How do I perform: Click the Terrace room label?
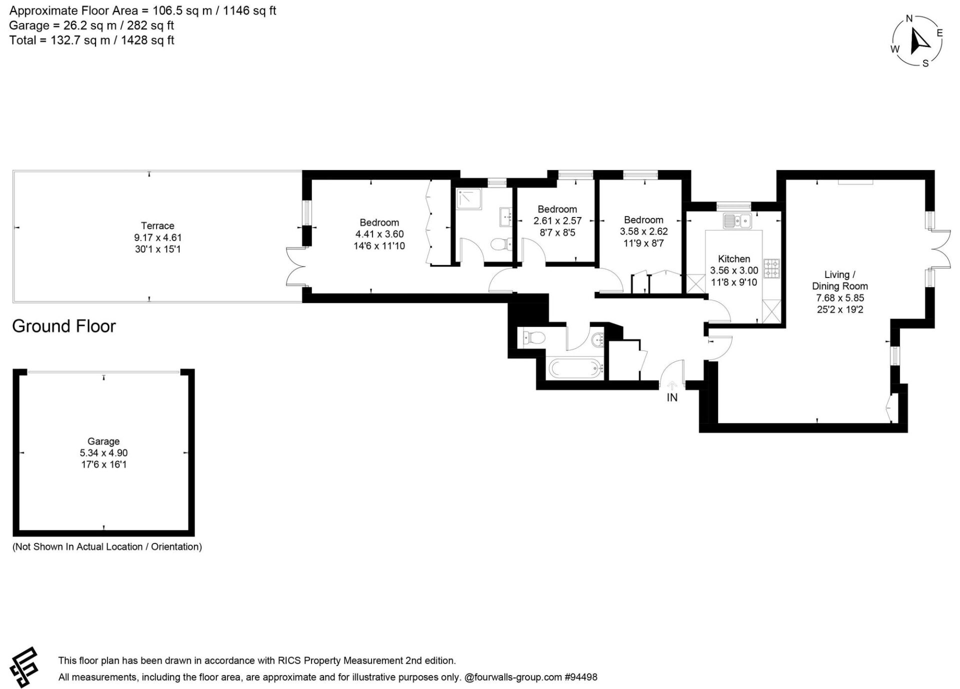157,225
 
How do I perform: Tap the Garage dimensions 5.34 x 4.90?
103,453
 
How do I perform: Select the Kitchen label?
734,258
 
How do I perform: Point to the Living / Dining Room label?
839,280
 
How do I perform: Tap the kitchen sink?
737,220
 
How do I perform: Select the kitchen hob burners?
771,268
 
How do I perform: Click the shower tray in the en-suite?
469,198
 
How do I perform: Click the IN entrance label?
672,397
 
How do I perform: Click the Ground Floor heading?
64,326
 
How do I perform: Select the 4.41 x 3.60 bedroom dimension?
379,234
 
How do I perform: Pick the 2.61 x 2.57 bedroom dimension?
557,220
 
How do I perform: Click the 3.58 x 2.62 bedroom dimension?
643,231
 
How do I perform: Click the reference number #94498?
581,677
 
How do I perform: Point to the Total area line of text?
92,40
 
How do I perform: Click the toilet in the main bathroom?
532,338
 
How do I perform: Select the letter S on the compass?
925,63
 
